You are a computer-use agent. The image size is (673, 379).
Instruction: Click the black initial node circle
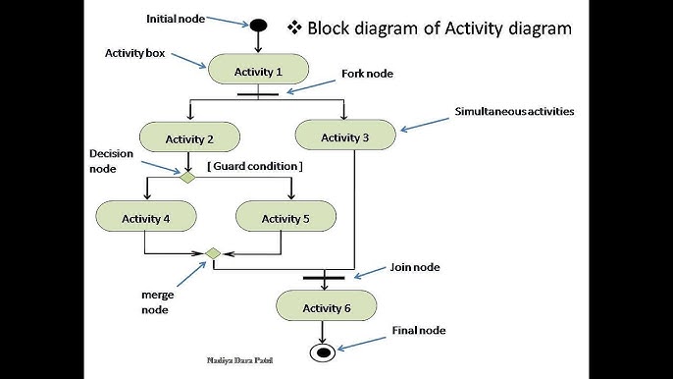pos(258,25)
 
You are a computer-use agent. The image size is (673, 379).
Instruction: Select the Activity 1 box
pos(258,71)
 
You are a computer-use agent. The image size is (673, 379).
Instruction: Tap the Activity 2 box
pos(189,139)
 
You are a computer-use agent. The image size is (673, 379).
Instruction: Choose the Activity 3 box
pos(344,137)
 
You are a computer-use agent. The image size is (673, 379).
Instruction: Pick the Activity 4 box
pos(145,218)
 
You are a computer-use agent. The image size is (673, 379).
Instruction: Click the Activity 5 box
pos(285,218)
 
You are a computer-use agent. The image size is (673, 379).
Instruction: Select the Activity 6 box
pos(327,308)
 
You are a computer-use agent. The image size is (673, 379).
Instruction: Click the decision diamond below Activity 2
pos(188,177)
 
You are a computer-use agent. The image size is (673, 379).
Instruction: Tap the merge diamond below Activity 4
pos(212,253)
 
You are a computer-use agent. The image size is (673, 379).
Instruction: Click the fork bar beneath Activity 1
pos(258,94)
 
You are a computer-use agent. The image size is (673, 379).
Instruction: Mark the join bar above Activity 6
pos(324,278)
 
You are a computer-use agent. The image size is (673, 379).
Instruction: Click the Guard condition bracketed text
pos(254,167)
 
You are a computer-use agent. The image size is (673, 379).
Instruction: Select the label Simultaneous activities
pos(514,112)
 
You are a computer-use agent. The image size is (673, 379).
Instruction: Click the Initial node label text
pos(176,19)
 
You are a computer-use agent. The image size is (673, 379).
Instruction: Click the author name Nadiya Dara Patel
pos(241,361)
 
